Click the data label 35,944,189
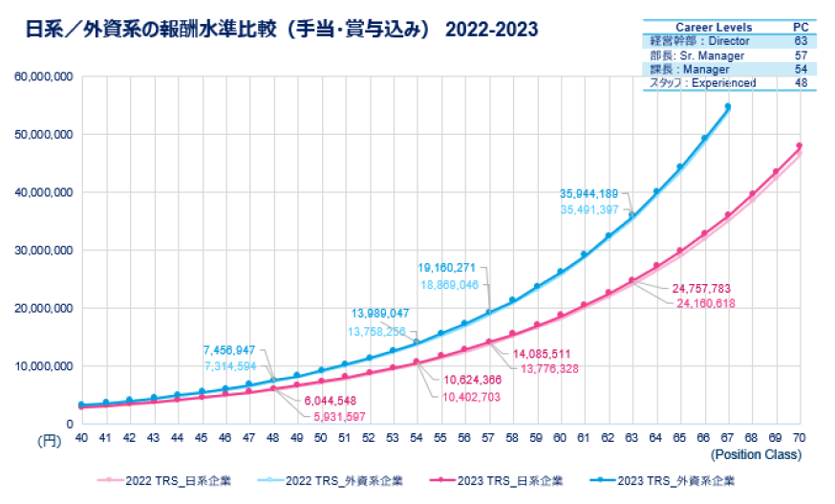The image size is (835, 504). [x=590, y=193]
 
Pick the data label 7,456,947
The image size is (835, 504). [x=229, y=350]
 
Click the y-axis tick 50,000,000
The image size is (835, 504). [x=43, y=135]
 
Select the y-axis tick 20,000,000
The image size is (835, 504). [x=43, y=308]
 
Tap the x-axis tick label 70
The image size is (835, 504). [x=799, y=437]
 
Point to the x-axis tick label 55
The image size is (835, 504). [x=440, y=437]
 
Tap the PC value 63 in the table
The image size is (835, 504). [x=801, y=41]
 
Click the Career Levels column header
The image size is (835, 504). [x=714, y=27]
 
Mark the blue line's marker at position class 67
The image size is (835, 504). [x=727, y=107]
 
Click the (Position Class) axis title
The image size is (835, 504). [x=756, y=454]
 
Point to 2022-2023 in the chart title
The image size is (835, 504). [x=492, y=31]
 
